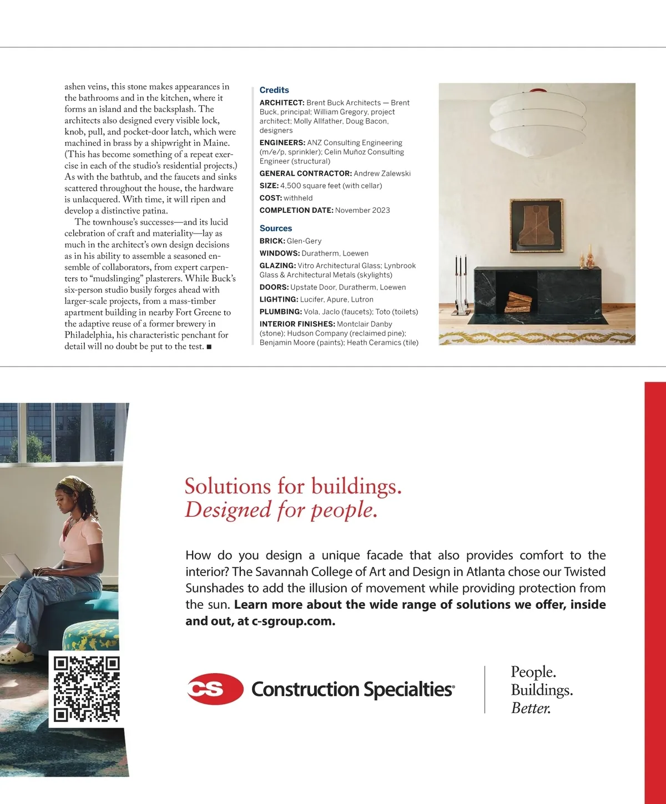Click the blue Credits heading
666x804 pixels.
274,90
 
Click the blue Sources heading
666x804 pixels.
276,228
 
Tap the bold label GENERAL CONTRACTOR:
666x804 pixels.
305,174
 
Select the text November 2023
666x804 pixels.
362,210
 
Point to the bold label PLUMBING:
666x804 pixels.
280,312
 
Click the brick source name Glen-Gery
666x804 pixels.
304,241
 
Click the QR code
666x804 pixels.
87,689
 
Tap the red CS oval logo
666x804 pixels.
214,689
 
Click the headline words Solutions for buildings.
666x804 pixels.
293,486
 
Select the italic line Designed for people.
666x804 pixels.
281,510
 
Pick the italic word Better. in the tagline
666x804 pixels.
531,708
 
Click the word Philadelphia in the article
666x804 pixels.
89,335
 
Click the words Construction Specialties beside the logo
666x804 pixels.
352,689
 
